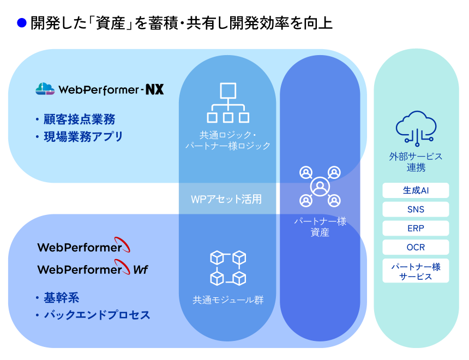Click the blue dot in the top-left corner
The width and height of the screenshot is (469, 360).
click(x=22, y=23)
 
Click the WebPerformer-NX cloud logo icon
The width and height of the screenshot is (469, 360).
click(x=45, y=89)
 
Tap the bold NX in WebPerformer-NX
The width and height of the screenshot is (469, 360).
click(x=154, y=89)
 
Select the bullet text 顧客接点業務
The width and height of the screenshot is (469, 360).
click(x=79, y=119)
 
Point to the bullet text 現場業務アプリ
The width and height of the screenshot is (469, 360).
click(x=83, y=136)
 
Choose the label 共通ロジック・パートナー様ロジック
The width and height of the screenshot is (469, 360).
click(x=228, y=140)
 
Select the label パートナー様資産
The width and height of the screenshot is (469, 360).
click(x=320, y=226)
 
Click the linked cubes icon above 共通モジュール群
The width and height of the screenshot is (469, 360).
click(x=228, y=267)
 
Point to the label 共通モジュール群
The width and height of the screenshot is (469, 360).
click(x=228, y=300)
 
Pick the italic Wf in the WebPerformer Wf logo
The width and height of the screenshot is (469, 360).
click(x=140, y=269)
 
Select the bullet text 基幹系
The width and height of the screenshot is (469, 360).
click(x=61, y=298)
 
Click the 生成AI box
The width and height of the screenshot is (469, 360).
click(x=416, y=190)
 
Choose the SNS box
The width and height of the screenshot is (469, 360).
click(x=416, y=209)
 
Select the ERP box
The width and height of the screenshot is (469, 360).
click(x=416, y=229)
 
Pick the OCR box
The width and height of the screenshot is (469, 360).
click(x=416, y=248)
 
